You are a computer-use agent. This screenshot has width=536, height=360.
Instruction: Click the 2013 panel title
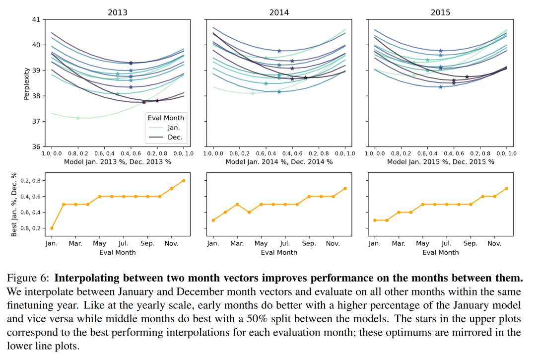tap(118, 12)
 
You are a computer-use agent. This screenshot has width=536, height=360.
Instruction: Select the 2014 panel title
tap(279, 12)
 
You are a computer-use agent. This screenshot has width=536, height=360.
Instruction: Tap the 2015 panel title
tap(441, 12)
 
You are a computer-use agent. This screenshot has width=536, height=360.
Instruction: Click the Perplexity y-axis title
tap(26, 83)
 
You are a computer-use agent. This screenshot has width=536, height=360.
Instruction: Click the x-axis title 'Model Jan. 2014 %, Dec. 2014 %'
tap(279, 162)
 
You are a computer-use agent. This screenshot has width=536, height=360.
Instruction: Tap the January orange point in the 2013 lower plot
tap(52, 228)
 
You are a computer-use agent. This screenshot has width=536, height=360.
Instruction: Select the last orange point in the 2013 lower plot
tap(183, 180)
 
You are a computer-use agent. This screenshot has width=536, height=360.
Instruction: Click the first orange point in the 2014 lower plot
tap(213, 220)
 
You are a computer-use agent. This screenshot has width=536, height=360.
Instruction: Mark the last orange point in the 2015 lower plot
tap(506, 188)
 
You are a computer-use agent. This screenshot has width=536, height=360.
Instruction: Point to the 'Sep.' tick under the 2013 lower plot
tap(147, 244)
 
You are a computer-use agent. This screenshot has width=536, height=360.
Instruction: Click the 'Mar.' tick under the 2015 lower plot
tap(399, 244)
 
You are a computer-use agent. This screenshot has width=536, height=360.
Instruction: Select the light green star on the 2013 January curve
tap(78, 118)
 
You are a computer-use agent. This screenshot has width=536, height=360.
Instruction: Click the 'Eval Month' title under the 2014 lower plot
tap(279, 252)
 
